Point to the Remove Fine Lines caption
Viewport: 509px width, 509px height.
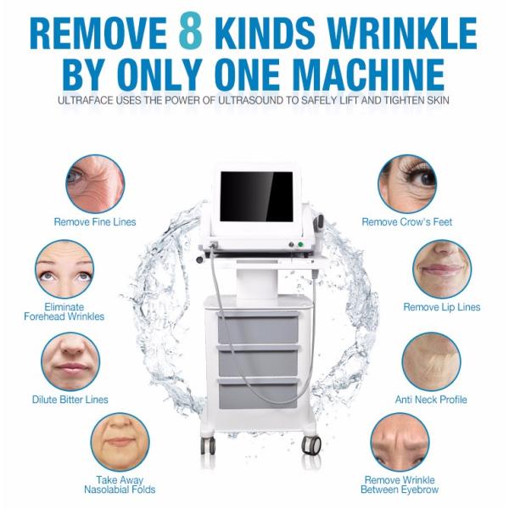pyautogui.click(x=95, y=222)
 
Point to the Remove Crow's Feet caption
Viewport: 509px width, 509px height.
pyautogui.click(x=407, y=222)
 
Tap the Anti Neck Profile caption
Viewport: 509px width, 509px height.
pyautogui.click(x=431, y=400)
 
